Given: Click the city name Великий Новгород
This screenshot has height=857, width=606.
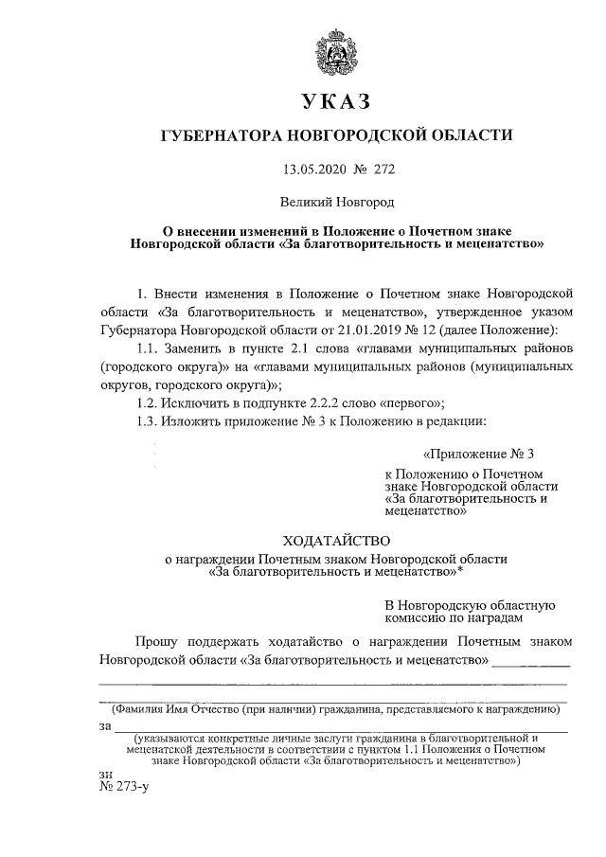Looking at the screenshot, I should (x=335, y=201).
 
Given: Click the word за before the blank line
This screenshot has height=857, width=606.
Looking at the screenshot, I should (x=104, y=726).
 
